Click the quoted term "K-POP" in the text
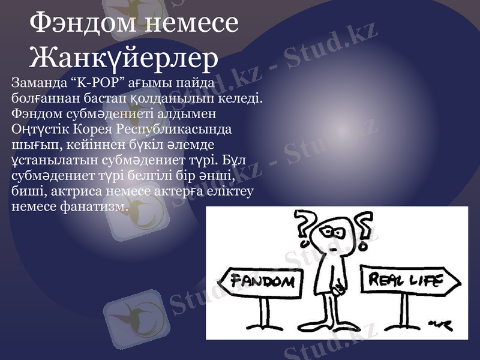tap(82, 82)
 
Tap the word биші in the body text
tap(26, 191)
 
